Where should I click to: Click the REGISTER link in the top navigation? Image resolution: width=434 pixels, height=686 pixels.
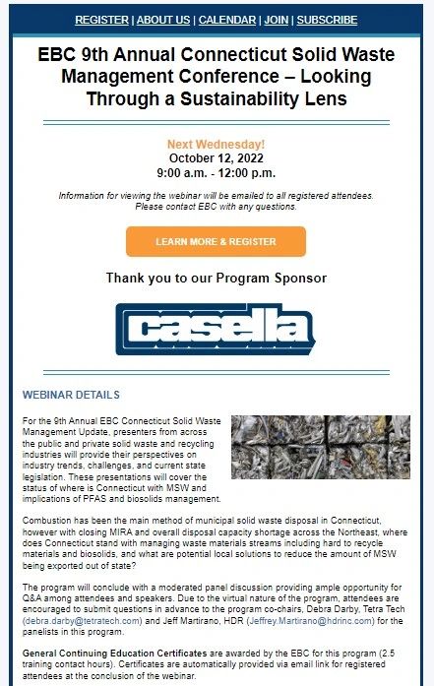pos(101,20)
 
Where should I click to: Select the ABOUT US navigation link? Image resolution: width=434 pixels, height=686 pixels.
pos(163,20)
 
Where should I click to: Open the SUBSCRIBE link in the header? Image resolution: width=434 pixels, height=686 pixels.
pos(328,20)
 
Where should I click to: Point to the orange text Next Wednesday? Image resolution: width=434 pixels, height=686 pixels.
pos(216,144)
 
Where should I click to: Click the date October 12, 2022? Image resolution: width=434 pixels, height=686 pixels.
pos(216,157)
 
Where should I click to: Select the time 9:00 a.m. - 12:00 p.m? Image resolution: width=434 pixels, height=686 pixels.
pos(216,172)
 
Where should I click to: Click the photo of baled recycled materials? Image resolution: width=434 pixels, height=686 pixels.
pos(320,460)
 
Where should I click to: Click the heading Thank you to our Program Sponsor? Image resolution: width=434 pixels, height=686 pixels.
pos(216,279)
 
